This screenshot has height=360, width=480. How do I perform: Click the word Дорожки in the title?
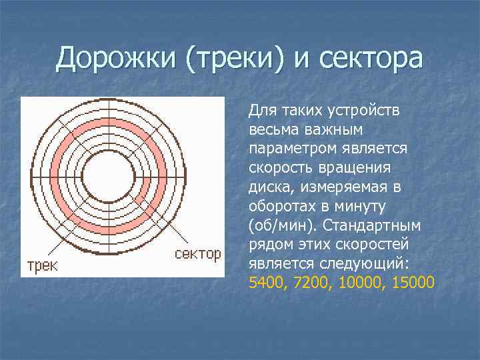116,59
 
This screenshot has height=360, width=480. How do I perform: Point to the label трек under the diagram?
42,265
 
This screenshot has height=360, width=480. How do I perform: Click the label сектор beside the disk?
198,254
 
